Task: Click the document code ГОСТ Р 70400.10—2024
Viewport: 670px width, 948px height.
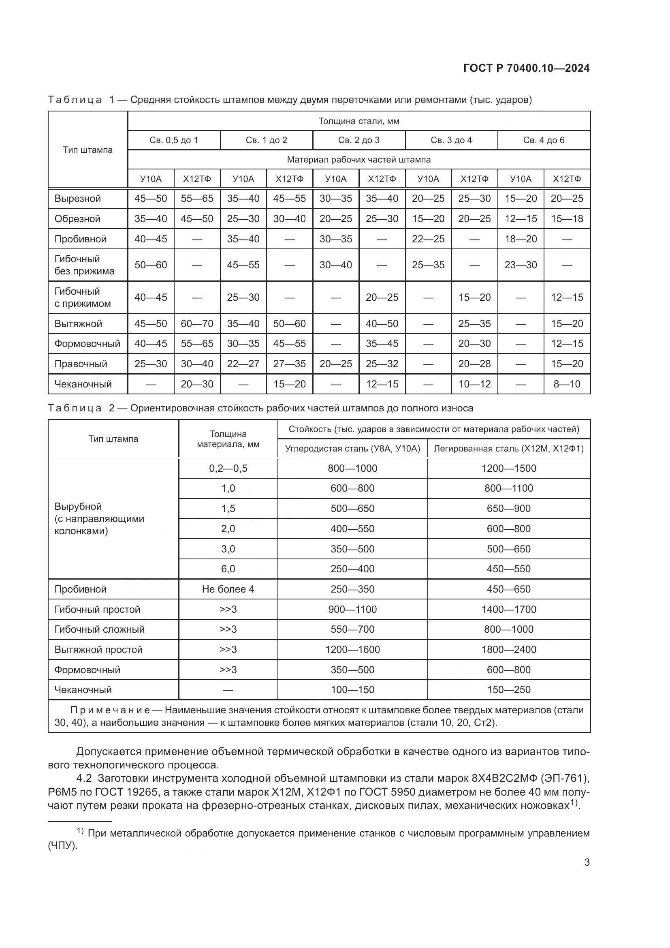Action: pyautogui.click(x=527, y=68)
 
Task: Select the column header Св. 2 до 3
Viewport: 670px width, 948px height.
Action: pyautogui.click(x=358, y=140)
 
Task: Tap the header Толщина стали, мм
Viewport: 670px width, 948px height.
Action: pyautogui.click(x=358, y=121)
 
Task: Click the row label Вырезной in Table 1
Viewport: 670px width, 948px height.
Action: pyautogui.click(x=77, y=199)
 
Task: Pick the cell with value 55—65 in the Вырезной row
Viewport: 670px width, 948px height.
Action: pyautogui.click(x=197, y=199)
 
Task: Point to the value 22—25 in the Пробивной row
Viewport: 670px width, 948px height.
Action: pyautogui.click(x=428, y=239)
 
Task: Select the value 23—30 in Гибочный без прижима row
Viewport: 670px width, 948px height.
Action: pyautogui.click(x=521, y=265)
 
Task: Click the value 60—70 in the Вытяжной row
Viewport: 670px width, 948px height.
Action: pyautogui.click(x=197, y=324)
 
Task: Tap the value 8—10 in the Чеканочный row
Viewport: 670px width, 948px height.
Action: pyautogui.click(x=567, y=384)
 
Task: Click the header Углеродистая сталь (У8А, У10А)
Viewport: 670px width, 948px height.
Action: pyautogui.click(x=352, y=449)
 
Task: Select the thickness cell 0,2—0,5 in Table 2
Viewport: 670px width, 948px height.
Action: pyautogui.click(x=228, y=468)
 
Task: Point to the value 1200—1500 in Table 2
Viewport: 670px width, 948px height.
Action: pyautogui.click(x=509, y=468)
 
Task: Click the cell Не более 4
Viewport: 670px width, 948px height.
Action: pyautogui.click(x=228, y=589)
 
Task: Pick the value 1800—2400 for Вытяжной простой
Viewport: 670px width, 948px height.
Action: pyautogui.click(x=509, y=649)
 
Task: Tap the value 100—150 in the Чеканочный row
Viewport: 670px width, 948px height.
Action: pyautogui.click(x=352, y=689)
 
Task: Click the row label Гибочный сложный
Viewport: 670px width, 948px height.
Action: pyautogui.click(x=99, y=629)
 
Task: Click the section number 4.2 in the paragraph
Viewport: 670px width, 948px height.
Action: pyautogui.click(x=84, y=778)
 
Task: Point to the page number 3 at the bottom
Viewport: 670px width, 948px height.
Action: pyautogui.click(x=587, y=862)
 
